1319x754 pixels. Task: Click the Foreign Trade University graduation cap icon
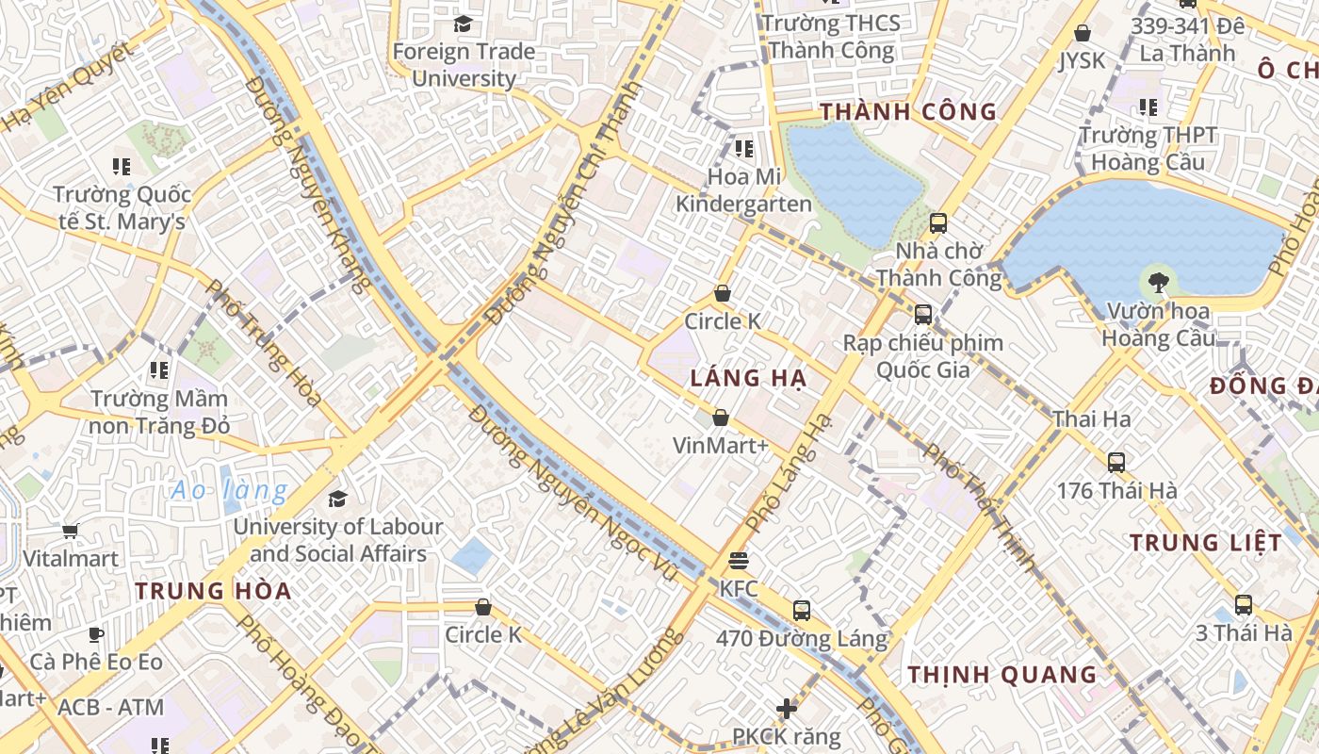click(463, 23)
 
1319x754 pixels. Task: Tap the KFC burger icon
click(739, 561)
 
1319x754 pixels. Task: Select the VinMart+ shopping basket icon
click(721, 417)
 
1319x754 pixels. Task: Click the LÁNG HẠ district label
click(748, 379)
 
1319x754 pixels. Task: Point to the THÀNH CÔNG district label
click(907, 112)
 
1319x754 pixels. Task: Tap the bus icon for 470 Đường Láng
click(801, 611)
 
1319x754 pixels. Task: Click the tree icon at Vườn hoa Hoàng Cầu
click(1158, 281)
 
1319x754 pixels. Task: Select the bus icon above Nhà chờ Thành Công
click(937, 223)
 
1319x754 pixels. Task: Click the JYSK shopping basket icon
click(1083, 33)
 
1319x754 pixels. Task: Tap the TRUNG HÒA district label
click(213, 592)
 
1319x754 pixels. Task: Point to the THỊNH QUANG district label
click(1002, 675)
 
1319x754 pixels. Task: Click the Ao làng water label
click(230, 490)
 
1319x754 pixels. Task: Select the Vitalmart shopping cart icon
click(71, 531)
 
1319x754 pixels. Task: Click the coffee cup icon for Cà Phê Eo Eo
click(95, 634)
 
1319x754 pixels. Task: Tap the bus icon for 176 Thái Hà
click(1116, 463)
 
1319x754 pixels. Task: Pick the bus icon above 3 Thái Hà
click(1244, 605)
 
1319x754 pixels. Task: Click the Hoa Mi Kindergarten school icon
click(744, 148)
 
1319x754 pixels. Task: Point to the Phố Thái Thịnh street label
click(980, 507)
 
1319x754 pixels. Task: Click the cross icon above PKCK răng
click(787, 708)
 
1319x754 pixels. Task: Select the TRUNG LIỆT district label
click(1205, 543)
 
